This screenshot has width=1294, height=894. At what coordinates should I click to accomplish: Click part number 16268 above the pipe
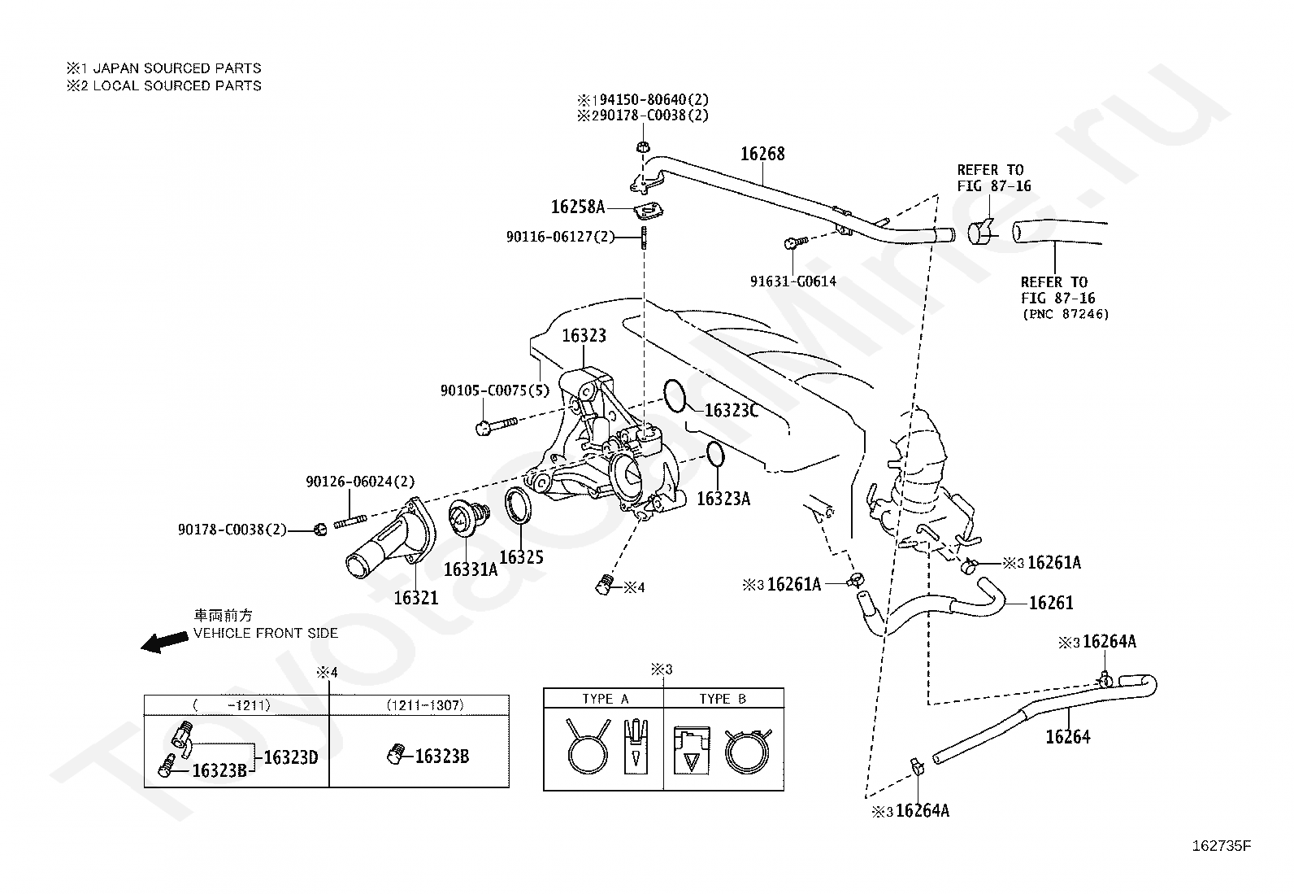click(762, 154)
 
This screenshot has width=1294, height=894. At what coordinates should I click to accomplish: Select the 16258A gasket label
click(578, 207)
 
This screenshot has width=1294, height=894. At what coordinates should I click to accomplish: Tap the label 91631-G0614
click(793, 281)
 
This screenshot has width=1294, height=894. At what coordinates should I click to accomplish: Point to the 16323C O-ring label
click(732, 410)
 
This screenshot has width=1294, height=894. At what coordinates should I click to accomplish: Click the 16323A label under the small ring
click(723, 499)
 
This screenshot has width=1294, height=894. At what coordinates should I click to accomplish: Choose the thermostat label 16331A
click(471, 569)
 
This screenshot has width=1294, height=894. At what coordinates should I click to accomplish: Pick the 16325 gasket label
click(521, 557)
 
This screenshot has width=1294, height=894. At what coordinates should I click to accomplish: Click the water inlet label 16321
click(416, 598)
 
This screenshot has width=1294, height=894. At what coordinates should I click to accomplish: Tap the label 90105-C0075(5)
click(495, 391)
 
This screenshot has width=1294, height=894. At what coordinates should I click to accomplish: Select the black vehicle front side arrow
click(165, 642)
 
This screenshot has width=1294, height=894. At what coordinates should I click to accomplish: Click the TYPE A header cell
click(605, 699)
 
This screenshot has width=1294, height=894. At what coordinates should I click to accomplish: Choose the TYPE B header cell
click(723, 699)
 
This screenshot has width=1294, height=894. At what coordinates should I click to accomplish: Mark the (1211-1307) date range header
click(425, 705)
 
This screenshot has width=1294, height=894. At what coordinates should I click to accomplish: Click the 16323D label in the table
click(291, 757)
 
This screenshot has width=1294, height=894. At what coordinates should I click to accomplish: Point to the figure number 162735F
click(1222, 846)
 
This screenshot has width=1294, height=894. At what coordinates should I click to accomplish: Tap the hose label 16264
click(1068, 737)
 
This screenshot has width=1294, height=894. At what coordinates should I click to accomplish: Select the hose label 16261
click(1052, 603)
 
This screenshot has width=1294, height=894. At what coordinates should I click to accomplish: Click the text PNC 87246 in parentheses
click(1066, 314)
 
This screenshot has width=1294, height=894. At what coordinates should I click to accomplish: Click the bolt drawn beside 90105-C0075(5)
click(497, 426)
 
